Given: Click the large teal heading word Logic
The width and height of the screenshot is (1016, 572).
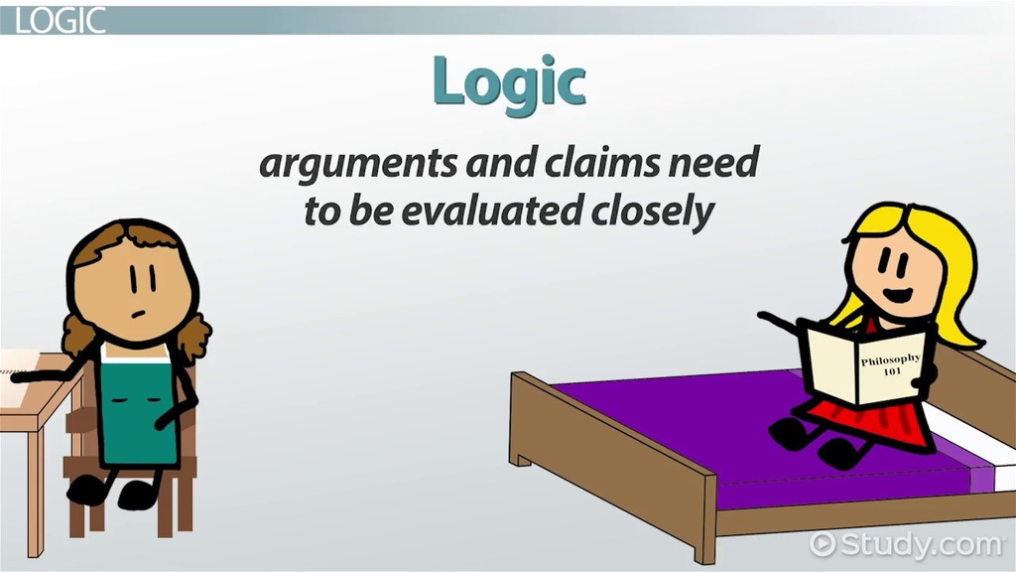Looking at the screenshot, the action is tap(509, 83).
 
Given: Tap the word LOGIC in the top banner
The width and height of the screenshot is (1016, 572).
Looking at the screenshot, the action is tap(60, 21).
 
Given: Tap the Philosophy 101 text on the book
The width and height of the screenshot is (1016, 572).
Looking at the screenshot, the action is tap(891, 364).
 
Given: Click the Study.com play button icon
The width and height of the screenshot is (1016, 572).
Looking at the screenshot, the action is tap(823, 543).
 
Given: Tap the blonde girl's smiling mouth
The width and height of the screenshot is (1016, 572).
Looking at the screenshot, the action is tap(898, 294).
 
